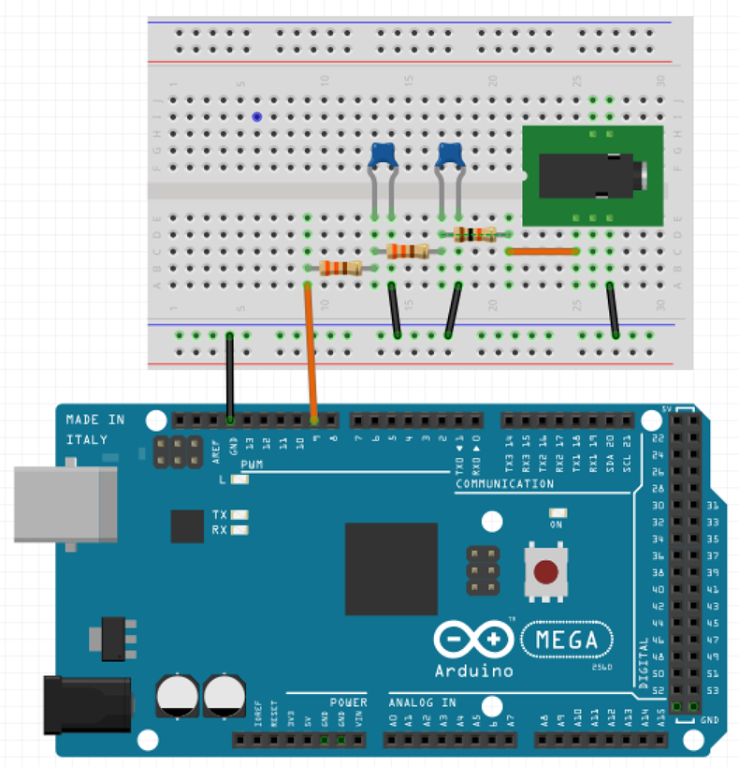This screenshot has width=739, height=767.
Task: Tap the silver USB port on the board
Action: point(65,504)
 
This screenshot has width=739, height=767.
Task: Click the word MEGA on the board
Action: point(568,642)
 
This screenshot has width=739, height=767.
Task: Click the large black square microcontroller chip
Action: point(391,568)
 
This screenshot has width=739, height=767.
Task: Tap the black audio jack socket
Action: point(594,175)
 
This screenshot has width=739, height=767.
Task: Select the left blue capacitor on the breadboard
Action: point(383,154)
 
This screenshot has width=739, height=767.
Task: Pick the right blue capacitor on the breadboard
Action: point(451,154)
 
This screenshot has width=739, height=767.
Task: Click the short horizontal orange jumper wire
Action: point(542,251)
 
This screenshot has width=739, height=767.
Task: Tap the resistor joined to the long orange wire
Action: point(341,269)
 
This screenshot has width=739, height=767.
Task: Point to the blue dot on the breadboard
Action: point(256,117)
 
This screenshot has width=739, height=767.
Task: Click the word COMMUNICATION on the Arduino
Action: point(504,484)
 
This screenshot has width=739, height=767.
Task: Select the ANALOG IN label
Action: point(422,702)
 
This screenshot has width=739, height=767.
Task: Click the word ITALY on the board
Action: point(87,439)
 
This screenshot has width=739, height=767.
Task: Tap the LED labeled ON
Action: point(558,513)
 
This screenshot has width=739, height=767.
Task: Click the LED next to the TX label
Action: point(240,514)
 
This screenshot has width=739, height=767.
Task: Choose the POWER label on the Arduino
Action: point(348,702)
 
